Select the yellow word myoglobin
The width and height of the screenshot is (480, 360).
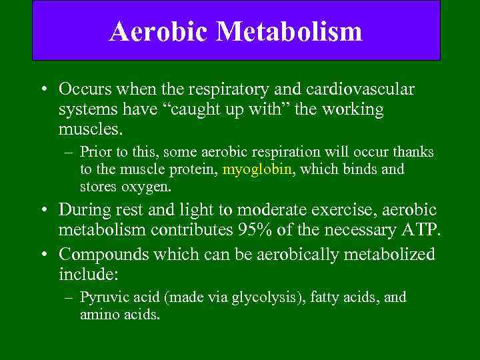(x=257, y=169)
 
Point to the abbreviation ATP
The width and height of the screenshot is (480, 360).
(x=417, y=232)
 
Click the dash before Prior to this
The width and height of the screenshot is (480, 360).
(x=68, y=153)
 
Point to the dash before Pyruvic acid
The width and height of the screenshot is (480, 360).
(x=68, y=297)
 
